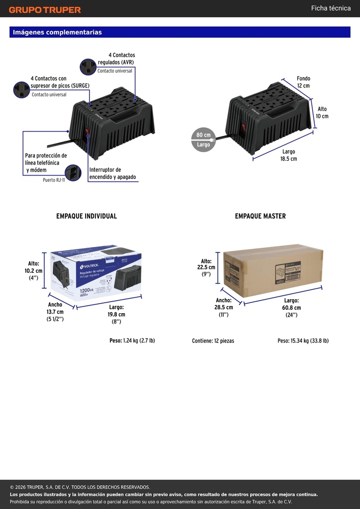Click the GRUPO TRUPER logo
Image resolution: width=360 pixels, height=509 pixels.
[45, 10]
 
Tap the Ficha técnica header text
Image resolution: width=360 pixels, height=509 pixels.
[331, 8]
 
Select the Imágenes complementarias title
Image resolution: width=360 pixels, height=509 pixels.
[58, 32]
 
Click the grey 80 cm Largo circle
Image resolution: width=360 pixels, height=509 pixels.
[203, 139]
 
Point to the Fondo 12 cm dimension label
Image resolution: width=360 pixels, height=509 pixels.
[303, 82]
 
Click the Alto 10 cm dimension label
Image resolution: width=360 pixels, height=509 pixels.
[322, 112]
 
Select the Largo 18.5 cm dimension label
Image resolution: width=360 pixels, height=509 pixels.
[288, 155]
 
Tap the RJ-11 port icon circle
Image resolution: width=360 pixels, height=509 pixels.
[73, 172]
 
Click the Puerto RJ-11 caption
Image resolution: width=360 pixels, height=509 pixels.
[54, 180]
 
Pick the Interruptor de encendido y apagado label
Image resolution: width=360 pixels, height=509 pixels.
[113, 173]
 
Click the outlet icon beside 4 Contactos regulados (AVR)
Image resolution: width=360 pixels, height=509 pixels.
[89, 67]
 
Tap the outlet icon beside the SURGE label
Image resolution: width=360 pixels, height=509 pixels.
[22, 90]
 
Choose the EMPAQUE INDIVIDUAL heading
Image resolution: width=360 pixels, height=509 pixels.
[87, 216]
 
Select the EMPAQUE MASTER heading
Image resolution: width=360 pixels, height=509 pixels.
[261, 216]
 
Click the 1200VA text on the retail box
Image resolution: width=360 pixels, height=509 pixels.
[87, 290]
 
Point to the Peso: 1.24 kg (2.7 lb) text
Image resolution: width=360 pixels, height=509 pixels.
[132, 340]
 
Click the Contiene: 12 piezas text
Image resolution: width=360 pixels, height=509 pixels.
[213, 341]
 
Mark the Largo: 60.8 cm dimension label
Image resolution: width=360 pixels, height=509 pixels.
[291, 308]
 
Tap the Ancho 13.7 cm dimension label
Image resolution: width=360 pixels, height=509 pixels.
[55, 312]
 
